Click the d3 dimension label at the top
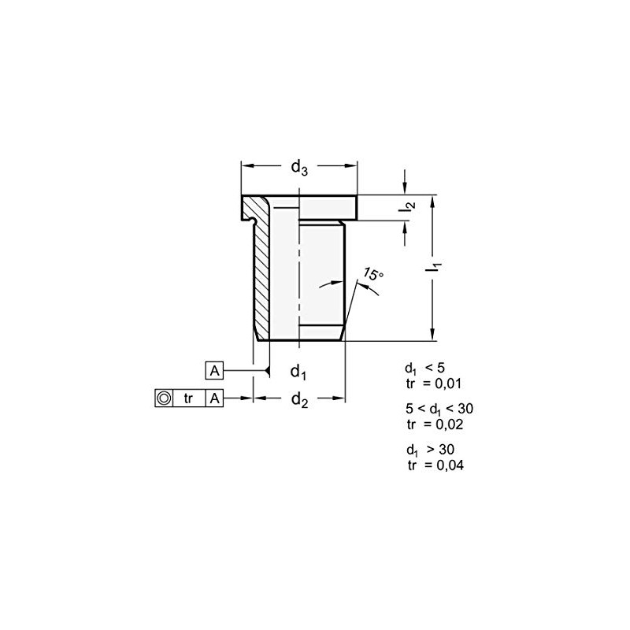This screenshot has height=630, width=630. tap(299, 167)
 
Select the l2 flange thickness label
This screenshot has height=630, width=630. tap(406, 208)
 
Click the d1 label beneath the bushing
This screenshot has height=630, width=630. tap(298, 371)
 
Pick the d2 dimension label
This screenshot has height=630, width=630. tap(298, 400)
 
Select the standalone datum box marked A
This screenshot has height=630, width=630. tap(214, 370)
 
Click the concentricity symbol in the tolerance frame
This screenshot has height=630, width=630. tap(162, 398)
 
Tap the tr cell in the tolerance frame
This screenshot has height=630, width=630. tap(188, 398)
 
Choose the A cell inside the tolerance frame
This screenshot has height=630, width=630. tap(214, 398)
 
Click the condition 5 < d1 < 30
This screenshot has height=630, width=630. tap(439, 409)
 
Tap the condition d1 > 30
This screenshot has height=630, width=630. tap(430, 450)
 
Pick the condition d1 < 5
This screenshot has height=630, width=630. tap(425, 369)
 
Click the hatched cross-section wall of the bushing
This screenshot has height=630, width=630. tap(260, 276)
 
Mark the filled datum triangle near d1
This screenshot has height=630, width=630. tap(268, 370)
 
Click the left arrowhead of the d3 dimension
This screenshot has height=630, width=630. tap(245, 166)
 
